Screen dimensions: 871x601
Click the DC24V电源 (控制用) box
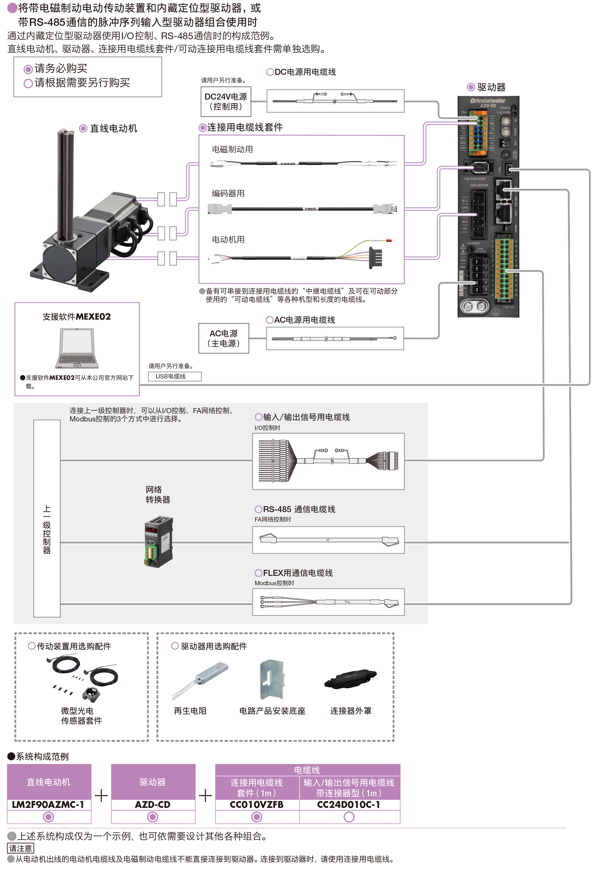tap(226, 102)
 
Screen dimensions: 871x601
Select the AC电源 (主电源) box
tap(224, 338)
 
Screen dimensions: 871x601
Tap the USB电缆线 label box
tap(174, 376)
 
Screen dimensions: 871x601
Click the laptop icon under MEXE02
tap(77, 348)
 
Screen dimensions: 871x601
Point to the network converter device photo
tap(158, 542)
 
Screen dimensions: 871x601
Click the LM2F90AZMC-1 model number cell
tap(49, 804)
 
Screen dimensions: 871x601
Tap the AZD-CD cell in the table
tap(153, 804)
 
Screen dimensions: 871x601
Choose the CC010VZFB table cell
tap(257, 804)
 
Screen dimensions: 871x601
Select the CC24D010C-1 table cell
tap(349, 804)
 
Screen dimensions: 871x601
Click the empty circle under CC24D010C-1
tap(349, 817)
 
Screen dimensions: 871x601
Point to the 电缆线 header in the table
tap(307, 770)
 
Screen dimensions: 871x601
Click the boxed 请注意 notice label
tap(20, 848)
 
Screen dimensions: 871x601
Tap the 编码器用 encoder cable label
tap(228, 193)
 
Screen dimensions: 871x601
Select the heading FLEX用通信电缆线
tap(298, 573)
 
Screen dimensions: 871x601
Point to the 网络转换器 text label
tap(158, 494)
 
